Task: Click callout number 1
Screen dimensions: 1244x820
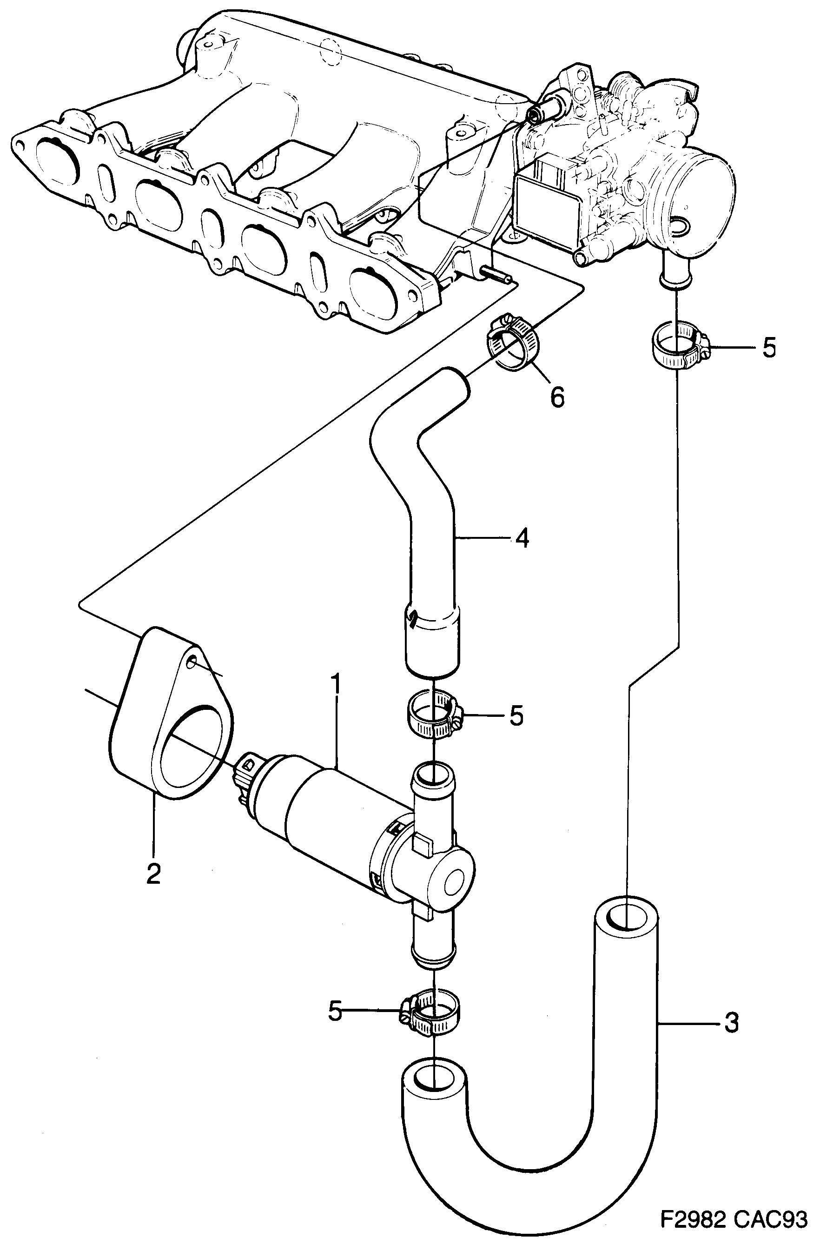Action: coord(336,684)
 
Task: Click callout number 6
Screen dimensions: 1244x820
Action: coord(557,398)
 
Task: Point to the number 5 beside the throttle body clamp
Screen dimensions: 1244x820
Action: coord(769,348)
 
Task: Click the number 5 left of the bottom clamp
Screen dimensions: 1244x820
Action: coord(335,1011)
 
